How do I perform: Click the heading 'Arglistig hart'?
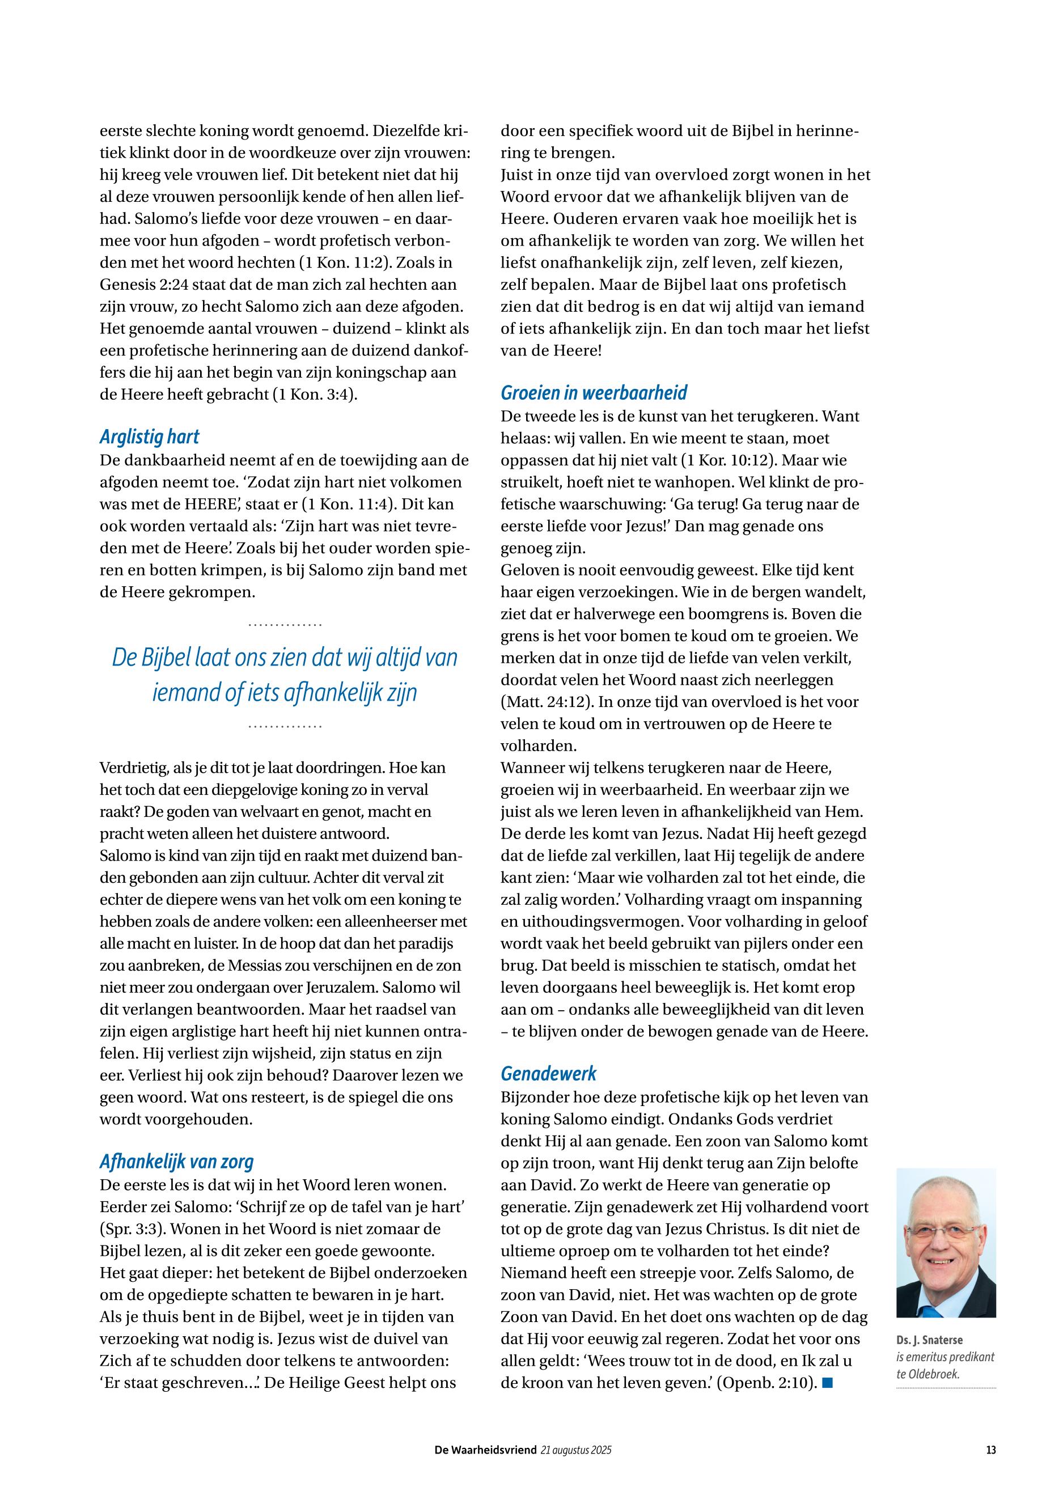click(150, 437)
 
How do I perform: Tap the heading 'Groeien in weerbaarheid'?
click(594, 393)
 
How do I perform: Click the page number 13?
click(990, 1451)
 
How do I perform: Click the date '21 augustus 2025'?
click(576, 1451)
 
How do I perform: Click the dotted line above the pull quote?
click(285, 625)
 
